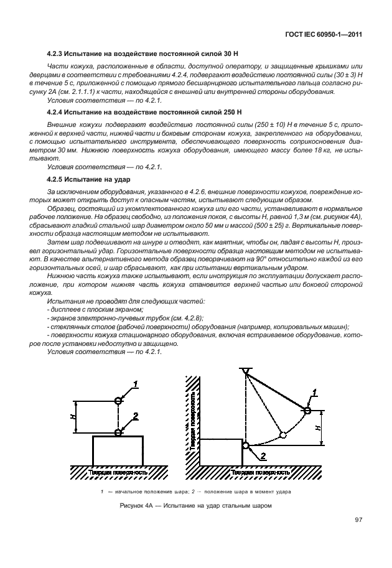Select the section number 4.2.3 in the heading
click(x=57, y=56)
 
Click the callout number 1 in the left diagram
click(x=135, y=384)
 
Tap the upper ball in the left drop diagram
click(x=118, y=401)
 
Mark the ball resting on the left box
click(x=118, y=432)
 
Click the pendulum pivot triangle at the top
click(x=246, y=371)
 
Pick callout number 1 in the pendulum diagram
click(x=315, y=392)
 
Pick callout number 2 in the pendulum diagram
click(x=263, y=457)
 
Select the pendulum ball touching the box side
click(x=246, y=445)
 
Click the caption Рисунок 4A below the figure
click(x=196, y=505)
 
